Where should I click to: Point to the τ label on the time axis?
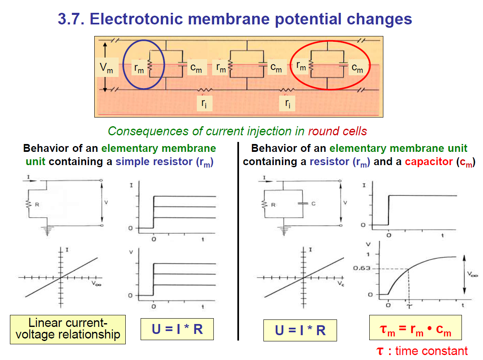(409, 306)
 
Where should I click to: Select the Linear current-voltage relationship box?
(68, 329)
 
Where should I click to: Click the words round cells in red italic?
(337, 131)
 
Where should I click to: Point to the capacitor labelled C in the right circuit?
(304, 204)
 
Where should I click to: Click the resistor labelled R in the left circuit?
(29, 204)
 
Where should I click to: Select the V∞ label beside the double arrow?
(471, 274)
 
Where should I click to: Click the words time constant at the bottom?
(431, 351)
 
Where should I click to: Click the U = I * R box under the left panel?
(177, 329)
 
